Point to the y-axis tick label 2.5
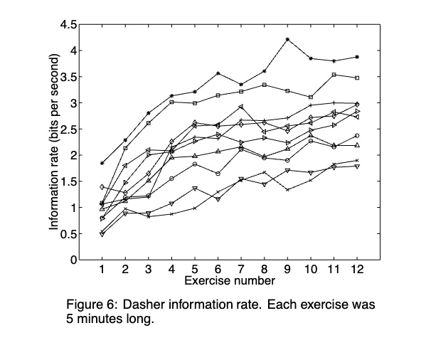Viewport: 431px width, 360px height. [68, 129]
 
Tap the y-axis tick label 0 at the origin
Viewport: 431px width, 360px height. [73, 260]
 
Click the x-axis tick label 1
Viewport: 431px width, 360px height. [102, 271]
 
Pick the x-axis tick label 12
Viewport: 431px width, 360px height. [356, 271]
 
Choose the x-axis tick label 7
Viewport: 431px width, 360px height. [241, 271]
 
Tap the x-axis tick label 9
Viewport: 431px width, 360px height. [287, 271]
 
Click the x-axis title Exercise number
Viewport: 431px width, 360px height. [228, 282]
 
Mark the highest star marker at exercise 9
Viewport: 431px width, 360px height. [287, 40]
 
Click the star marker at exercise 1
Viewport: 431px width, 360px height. [102, 163]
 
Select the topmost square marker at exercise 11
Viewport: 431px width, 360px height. [334, 75]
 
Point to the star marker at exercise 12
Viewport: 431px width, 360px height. [357, 57]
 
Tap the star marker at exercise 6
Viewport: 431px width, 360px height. [218, 73]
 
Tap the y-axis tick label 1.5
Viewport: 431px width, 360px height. [68, 181]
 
